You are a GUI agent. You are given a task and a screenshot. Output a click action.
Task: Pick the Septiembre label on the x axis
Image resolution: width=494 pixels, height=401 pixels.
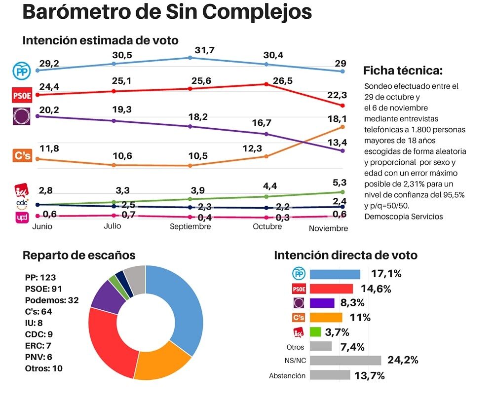pos(190,226)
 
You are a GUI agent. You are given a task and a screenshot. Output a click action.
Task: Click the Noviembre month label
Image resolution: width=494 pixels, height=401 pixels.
pos(328,228)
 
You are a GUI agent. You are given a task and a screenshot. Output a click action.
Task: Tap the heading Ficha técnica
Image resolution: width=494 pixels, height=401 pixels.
pos(403,70)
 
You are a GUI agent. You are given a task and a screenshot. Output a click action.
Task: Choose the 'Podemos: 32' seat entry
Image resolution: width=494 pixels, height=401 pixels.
pos(52,300)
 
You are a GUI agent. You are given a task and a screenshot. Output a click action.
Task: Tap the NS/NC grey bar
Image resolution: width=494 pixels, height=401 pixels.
pos(345,361)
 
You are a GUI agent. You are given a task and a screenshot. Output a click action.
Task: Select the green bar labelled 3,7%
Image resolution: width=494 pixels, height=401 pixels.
pos(315,332)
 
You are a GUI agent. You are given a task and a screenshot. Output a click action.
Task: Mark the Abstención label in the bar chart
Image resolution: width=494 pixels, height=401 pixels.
pos(287,376)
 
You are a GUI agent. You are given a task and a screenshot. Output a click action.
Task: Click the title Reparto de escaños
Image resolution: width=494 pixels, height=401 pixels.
pos(79,255)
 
